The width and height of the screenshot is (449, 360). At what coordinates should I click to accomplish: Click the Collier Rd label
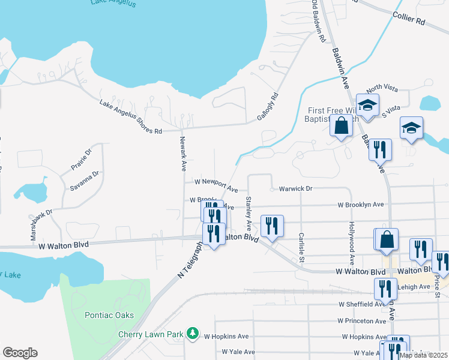click(409, 17)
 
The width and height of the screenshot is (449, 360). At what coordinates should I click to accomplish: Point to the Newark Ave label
click(183, 154)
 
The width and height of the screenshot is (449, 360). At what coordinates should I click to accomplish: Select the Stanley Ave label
click(247, 211)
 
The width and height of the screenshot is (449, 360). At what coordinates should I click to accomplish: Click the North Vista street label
click(382, 88)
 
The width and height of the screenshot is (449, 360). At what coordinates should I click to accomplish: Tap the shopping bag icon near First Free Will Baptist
click(341, 126)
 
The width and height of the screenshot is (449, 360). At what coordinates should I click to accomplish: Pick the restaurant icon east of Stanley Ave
click(271, 226)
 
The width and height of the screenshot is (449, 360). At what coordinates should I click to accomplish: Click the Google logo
click(20, 353)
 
